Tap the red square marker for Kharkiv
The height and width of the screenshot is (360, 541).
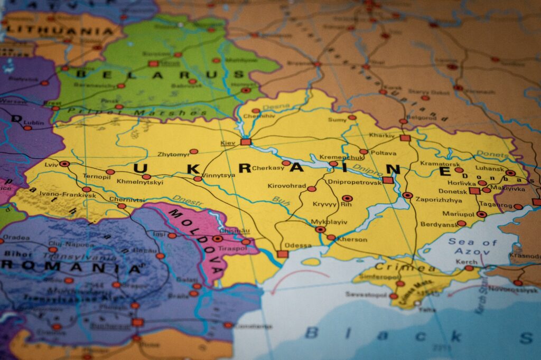point(405,138)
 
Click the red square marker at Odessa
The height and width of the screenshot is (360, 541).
point(283,254)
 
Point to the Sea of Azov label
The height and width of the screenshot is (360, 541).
point(472,247)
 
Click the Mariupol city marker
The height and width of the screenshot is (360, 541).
point(481,214)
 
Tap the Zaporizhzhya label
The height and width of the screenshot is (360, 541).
point(439,200)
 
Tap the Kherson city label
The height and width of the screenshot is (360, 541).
point(352,239)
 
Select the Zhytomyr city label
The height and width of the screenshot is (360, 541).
point(173,154)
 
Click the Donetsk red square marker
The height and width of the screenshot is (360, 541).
point(474,191)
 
